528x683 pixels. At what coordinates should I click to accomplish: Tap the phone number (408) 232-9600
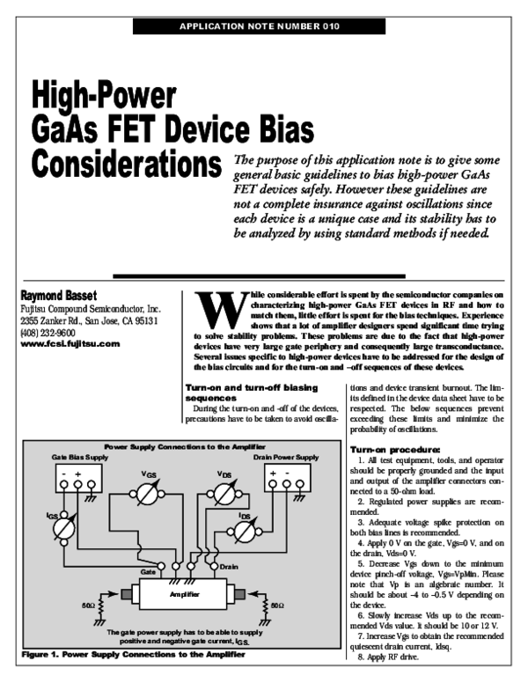tap(49, 334)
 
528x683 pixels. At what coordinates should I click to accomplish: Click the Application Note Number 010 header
tap(260, 26)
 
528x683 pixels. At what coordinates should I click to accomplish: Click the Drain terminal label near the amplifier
tap(229, 566)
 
